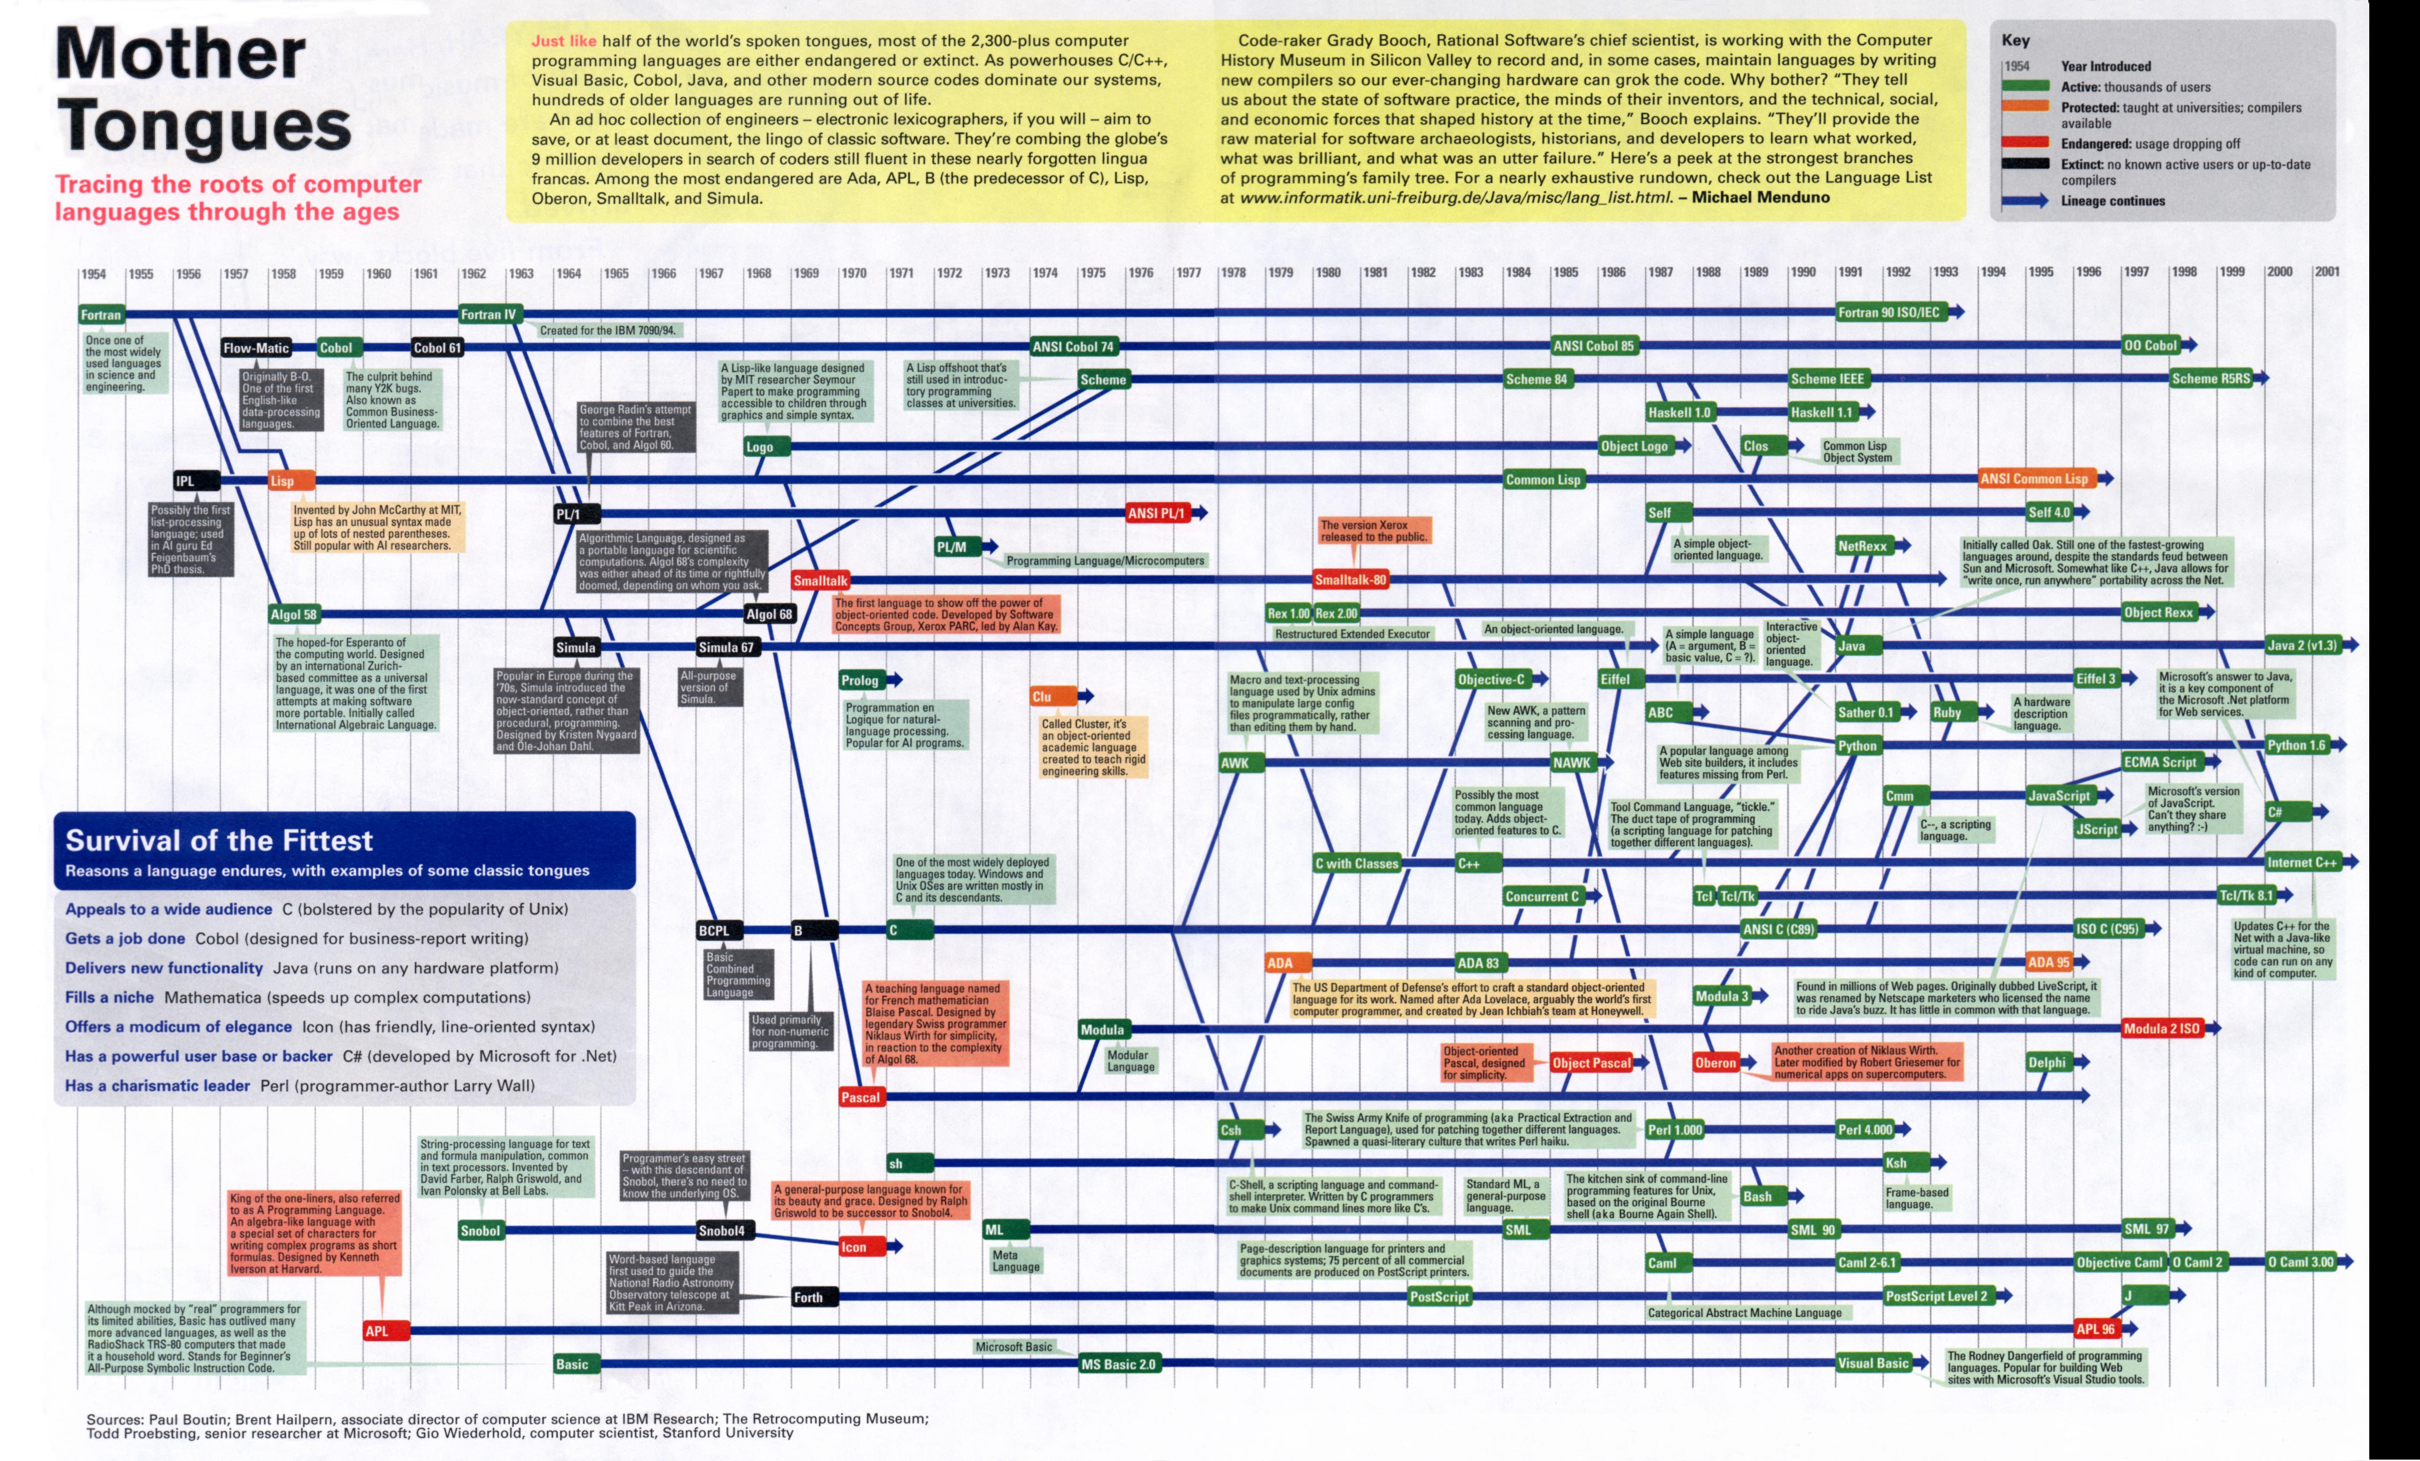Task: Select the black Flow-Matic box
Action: pos(255,348)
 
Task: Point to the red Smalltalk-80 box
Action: pos(1351,580)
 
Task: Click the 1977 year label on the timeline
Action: pos(1188,273)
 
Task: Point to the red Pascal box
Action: pos(860,1098)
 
